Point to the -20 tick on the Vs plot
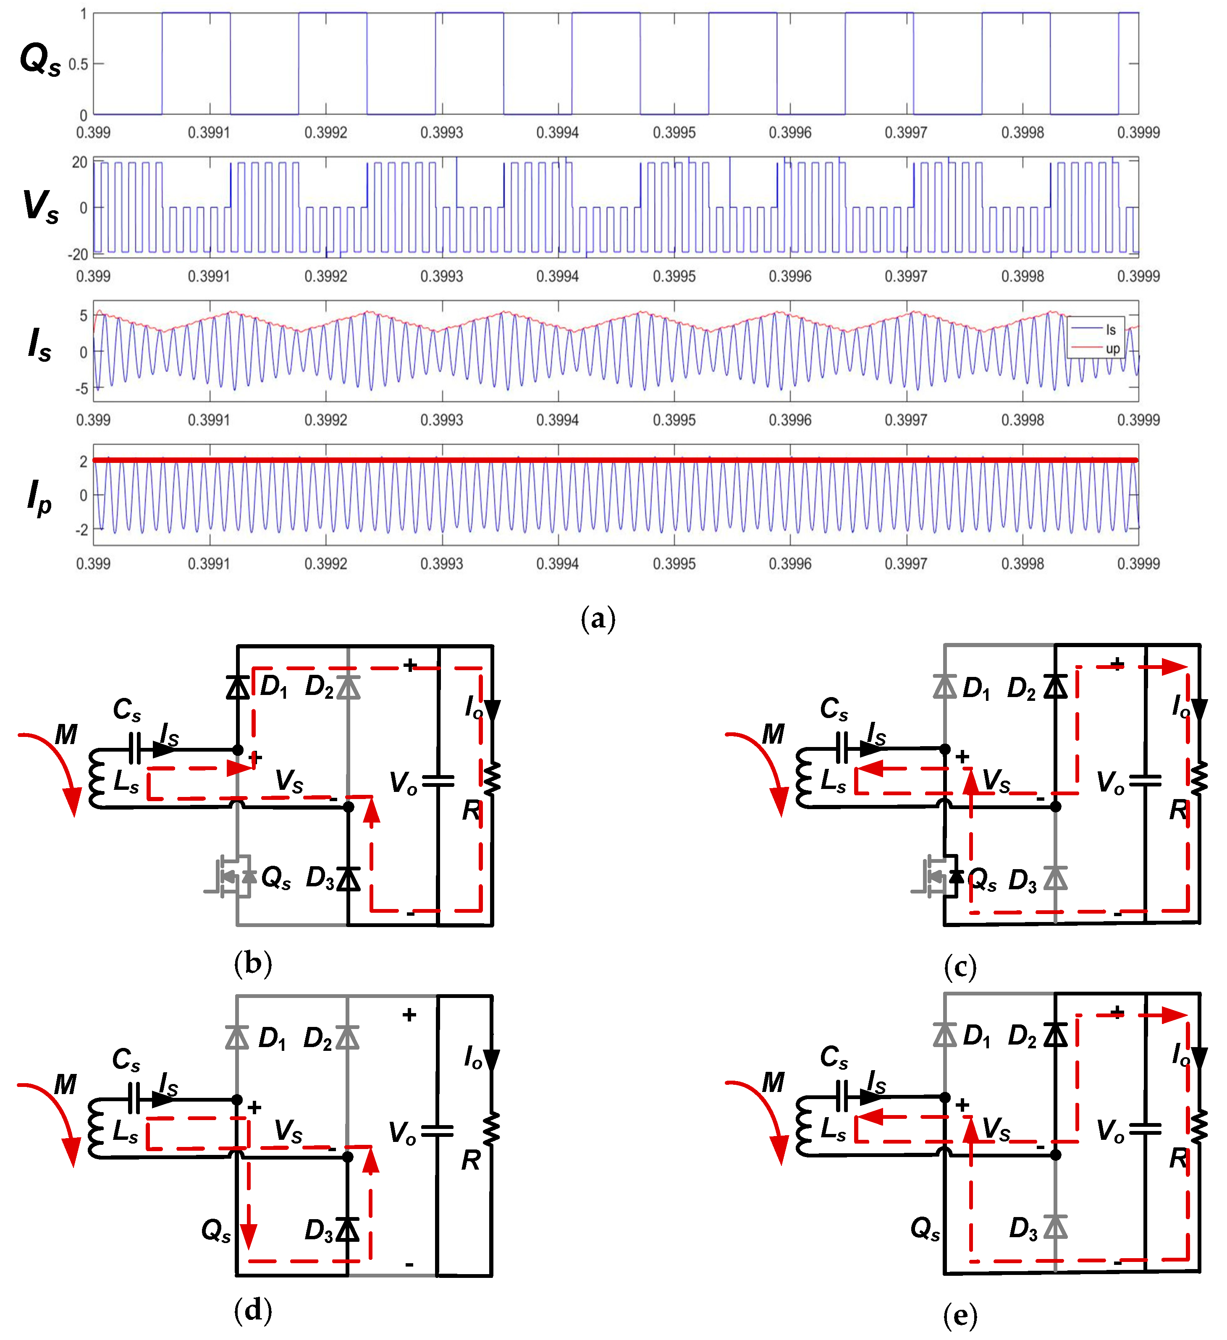pyautogui.click(x=78, y=255)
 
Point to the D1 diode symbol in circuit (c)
pyautogui.click(x=945, y=686)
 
